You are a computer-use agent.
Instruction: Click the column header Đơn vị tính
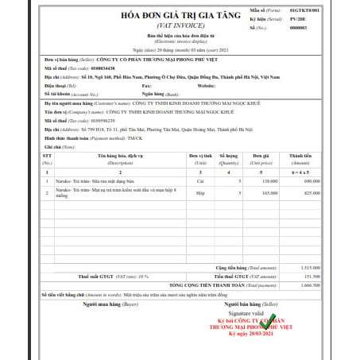coord(207,159)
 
